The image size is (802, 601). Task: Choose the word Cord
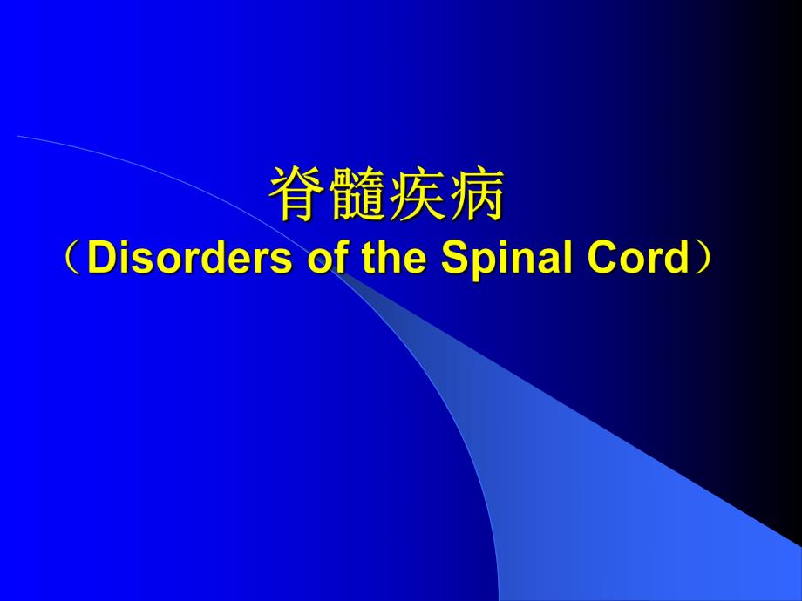[637, 259]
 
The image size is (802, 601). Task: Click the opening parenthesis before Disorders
[74, 259]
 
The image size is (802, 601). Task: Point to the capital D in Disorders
[102, 259]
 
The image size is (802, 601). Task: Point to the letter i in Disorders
[122, 259]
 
